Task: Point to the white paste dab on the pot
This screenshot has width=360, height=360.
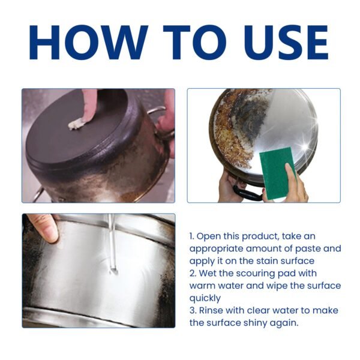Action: point(77,124)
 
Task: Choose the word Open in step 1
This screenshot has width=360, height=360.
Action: point(210,236)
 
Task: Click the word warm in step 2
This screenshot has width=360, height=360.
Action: point(202,286)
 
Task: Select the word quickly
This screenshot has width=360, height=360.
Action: point(206,298)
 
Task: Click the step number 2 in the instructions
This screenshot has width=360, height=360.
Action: point(192,273)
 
